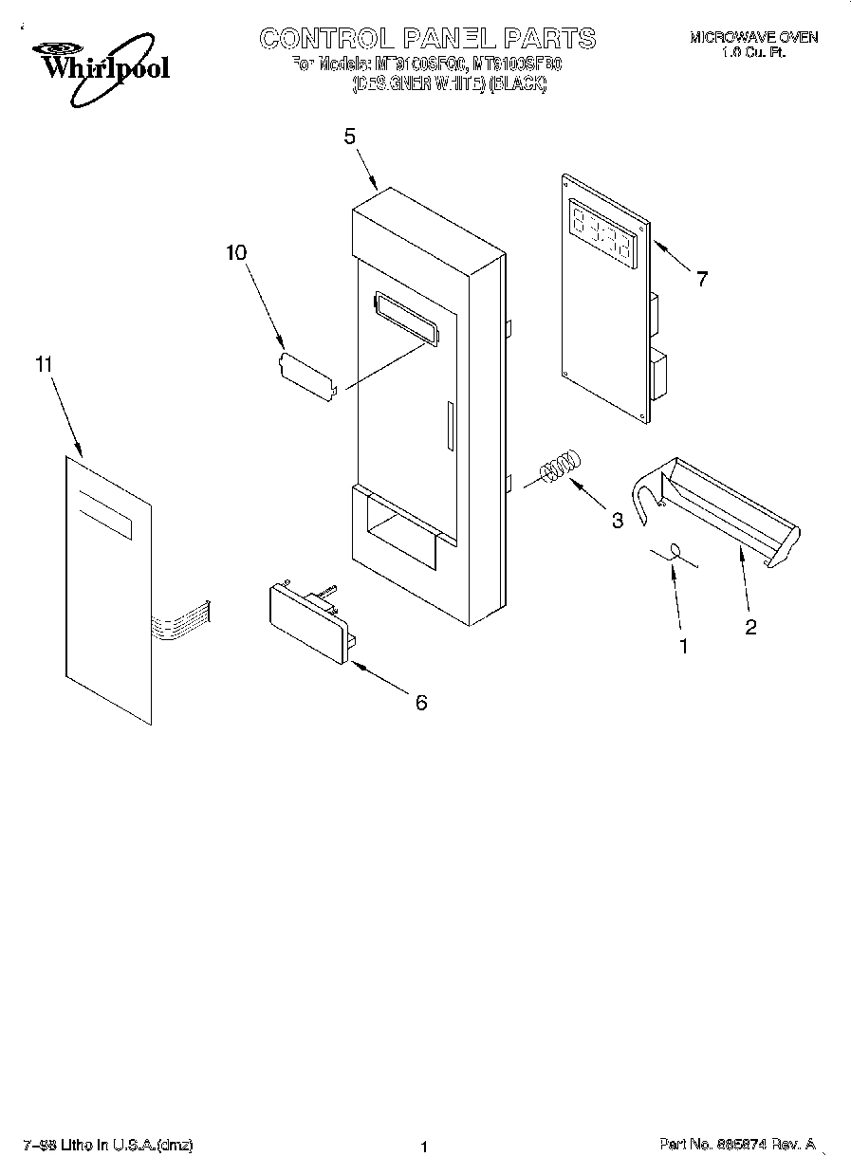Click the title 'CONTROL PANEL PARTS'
tap(427, 38)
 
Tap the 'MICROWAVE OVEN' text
tap(752, 38)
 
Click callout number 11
tap(43, 363)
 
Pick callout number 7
tap(701, 279)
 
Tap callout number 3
tap(617, 520)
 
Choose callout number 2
tap(749, 627)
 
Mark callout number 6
tap(420, 702)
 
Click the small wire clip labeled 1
tap(675, 556)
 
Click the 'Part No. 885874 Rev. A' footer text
tap(737, 1146)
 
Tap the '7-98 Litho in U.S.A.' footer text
tap(107, 1146)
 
